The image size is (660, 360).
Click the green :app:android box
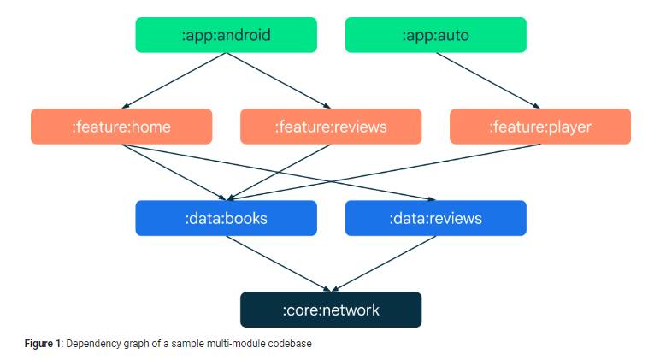click(x=226, y=35)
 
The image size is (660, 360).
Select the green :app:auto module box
click(x=435, y=35)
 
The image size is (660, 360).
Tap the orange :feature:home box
click(x=121, y=127)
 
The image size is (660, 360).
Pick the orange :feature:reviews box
click(x=331, y=127)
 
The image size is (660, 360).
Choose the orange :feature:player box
click(x=539, y=127)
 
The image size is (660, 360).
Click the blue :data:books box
click(x=226, y=218)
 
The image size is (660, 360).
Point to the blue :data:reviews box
click(x=435, y=218)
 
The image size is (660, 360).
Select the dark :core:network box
click(x=331, y=310)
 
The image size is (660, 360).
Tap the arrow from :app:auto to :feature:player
click(x=487, y=80)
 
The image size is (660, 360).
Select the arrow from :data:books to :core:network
click(x=278, y=263)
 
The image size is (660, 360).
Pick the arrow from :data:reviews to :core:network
click(x=383, y=263)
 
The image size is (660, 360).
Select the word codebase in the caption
click(x=293, y=344)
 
